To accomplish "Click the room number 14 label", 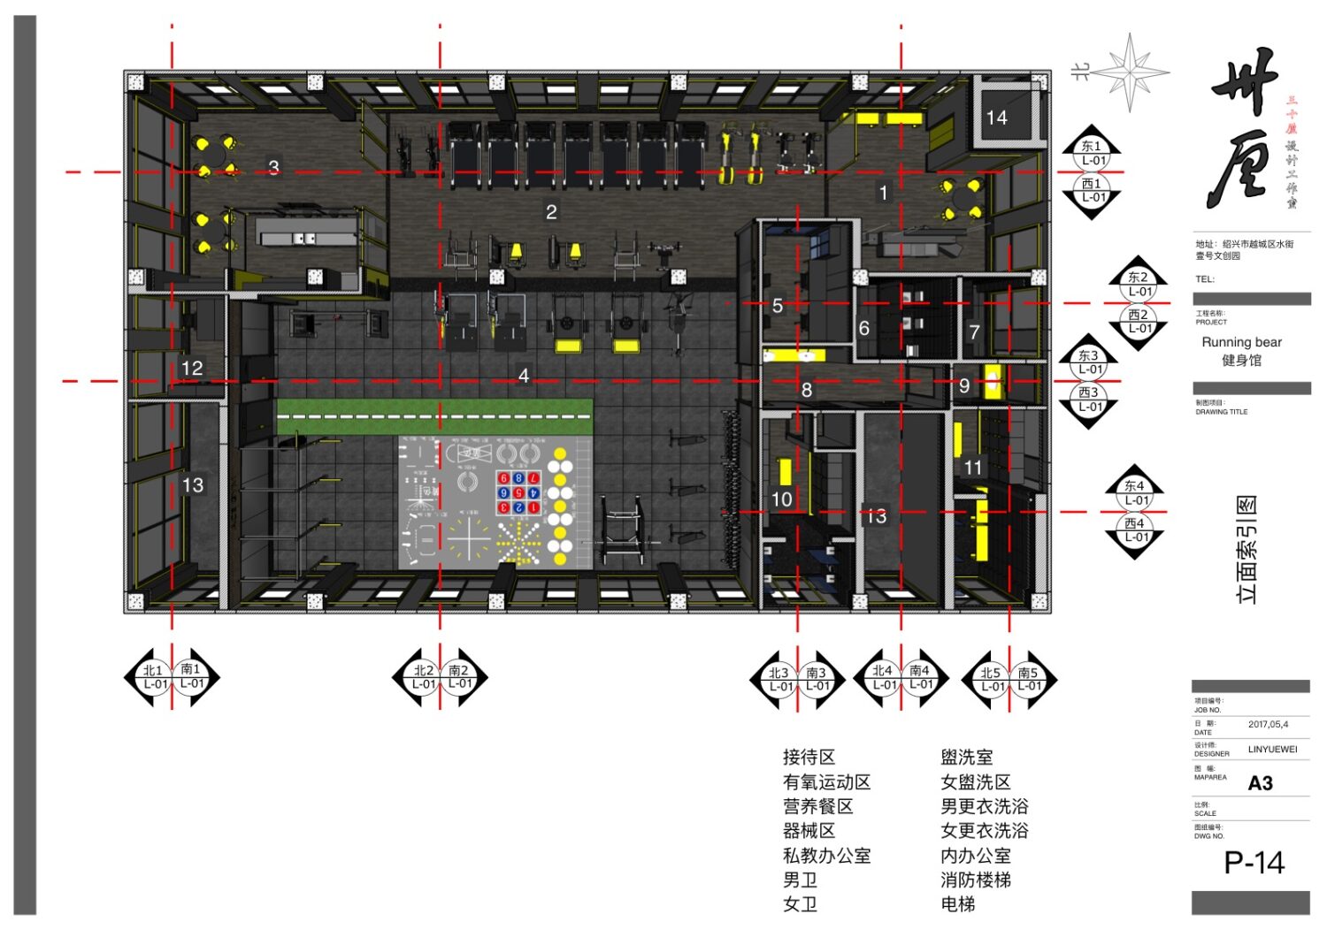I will click(x=996, y=118).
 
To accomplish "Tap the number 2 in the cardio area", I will click(x=551, y=212).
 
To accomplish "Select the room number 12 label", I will click(x=192, y=368).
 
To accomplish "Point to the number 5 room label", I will click(x=777, y=306).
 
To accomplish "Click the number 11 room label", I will click(x=973, y=468).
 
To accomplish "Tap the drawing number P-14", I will click(x=1254, y=863).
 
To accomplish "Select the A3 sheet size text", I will click(x=1260, y=783).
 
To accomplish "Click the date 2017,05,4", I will click(x=1268, y=725).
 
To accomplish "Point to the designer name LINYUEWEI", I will click(x=1272, y=750).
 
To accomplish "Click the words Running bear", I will click(x=1241, y=342).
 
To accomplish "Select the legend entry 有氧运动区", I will click(x=826, y=782).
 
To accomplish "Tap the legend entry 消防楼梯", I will click(x=975, y=880).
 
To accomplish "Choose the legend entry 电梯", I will click(x=957, y=904).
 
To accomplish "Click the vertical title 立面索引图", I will click(x=1246, y=550).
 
